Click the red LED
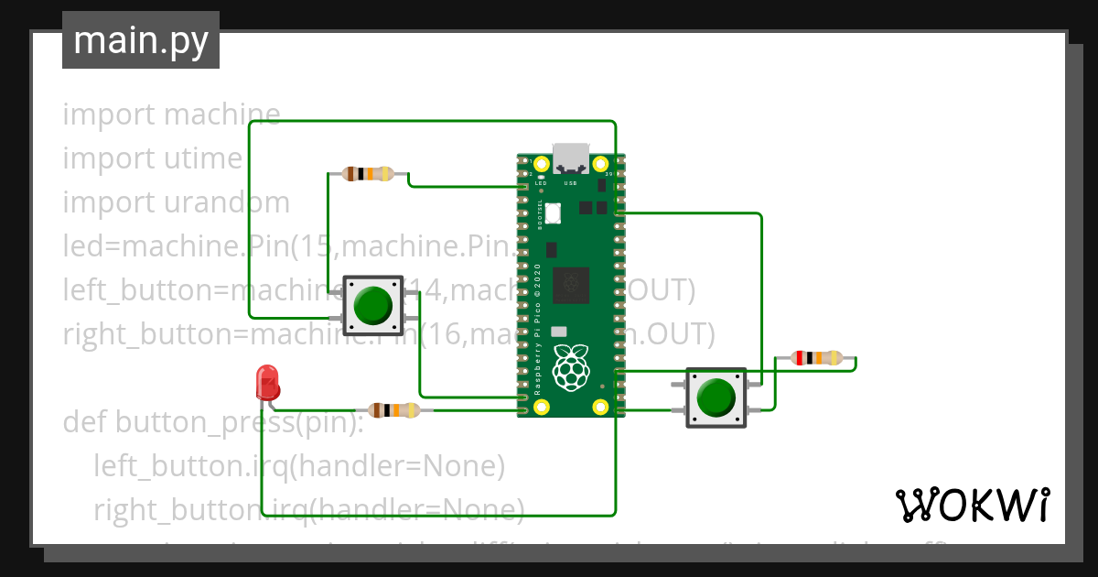267,381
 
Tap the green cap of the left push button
371,305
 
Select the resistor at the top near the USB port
368,173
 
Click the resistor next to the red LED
393,410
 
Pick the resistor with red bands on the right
816,358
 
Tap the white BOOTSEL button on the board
554,212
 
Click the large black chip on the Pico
571,283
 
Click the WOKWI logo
972,505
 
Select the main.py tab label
141,40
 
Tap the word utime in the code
202,158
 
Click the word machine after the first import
221,115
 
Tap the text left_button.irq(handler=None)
299,466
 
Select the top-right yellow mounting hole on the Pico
601,165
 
